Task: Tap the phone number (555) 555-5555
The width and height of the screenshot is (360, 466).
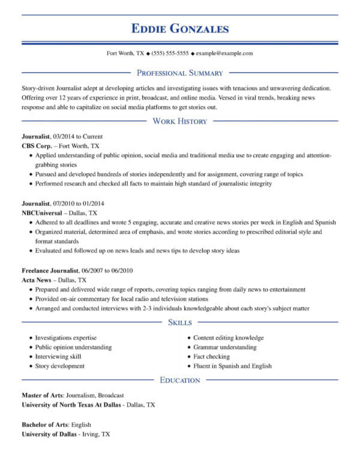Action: pyautogui.click(x=170, y=53)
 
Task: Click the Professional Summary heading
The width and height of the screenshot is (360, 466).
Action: pyautogui.click(x=180, y=73)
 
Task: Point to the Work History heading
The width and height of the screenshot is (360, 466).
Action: pyautogui.click(x=180, y=121)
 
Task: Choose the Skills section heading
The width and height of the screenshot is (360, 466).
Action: pyautogui.click(x=180, y=323)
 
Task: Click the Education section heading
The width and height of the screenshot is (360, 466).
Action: pyautogui.click(x=180, y=380)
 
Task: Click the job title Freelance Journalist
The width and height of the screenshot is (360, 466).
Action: pyautogui.click(x=50, y=270)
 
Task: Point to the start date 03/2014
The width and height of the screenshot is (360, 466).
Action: pyautogui.click(x=64, y=136)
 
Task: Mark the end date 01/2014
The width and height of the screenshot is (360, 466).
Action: pyautogui.click(x=92, y=203)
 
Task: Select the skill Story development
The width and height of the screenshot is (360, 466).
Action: pyautogui.click(x=59, y=366)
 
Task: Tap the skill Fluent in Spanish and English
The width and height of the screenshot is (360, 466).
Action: pyautogui.click(x=232, y=366)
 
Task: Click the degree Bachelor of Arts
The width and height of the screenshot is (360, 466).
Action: pyautogui.click(x=44, y=424)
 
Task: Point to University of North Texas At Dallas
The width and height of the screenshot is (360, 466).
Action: pyautogui.click(x=71, y=405)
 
